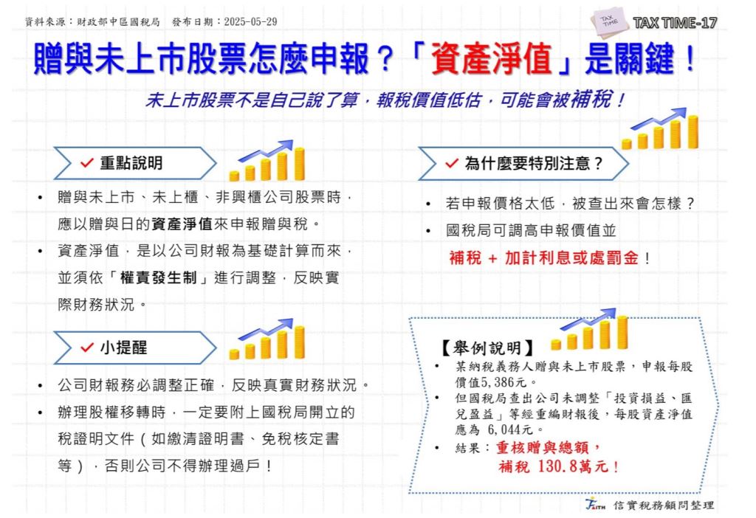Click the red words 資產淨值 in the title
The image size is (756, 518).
[x=491, y=59]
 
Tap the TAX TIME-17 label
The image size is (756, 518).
[x=675, y=23]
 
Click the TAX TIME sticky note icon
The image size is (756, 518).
[x=610, y=21]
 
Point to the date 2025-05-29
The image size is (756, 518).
[x=250, y=21]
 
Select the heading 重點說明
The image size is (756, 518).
[x=131, y=163]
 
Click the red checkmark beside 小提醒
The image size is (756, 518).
[x=87, y=348]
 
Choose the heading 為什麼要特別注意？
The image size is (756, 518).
[x=534, y=164]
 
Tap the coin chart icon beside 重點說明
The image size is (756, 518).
[x=267, y=161]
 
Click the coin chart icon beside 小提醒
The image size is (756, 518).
[x=267, y=339]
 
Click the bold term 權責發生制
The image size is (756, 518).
[x=158, y=278]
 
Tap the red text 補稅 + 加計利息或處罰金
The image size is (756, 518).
[x=544, y=258]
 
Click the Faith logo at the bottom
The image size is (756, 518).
[x=596, y=505]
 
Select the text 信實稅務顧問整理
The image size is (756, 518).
[x=664, y=505]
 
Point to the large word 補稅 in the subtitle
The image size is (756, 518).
[x=591, y=99]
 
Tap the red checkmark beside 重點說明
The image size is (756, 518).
[x=87, y=163]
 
